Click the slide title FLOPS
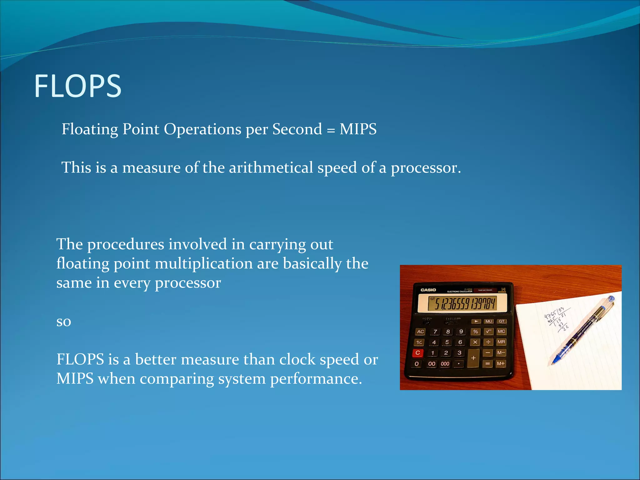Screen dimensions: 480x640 point(77,86)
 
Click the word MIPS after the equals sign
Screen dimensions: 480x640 point(358,129)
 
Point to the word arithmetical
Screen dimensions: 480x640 point(271,167)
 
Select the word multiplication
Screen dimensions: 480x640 point(204,263)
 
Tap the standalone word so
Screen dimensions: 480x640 point(64,321)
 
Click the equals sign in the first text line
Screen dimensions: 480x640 point(331,130)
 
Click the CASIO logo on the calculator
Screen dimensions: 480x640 point(428,290)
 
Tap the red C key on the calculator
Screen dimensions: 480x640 point(418,353)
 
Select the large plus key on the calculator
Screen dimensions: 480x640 point(473,358)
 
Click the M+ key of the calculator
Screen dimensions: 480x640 point(501,363)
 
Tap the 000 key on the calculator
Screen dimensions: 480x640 point(445,364)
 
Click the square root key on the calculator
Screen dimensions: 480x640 point(488,332)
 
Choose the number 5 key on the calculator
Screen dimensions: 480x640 point(447,342)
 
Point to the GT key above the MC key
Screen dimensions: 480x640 point(502,321)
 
